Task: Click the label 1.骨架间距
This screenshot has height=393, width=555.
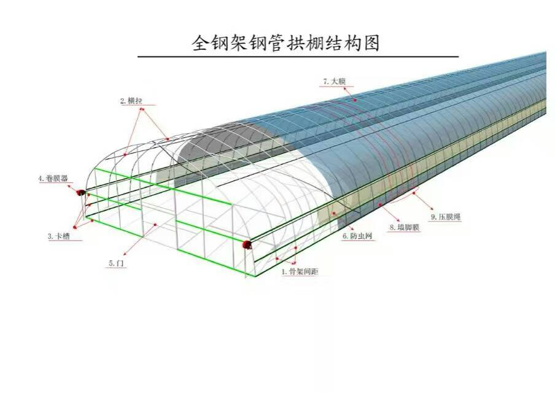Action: pos(300,271)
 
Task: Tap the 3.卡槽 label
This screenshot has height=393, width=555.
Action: pos(59,236)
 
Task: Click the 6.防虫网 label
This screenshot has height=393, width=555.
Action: pos(358,236)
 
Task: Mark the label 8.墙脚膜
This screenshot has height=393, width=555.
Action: pos(405,227)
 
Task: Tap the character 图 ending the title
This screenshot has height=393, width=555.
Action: pos(371,44)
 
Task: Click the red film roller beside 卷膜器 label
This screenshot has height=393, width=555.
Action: pos(80,193)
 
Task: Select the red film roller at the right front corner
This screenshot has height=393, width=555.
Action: pos(247,245)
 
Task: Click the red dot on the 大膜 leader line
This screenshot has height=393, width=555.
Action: pos(354,98)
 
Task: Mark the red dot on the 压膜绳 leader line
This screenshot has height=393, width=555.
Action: pos(414,193)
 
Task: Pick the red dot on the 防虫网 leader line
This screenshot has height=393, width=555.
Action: pos(335,213)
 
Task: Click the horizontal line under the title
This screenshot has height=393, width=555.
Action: pos(298,57)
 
